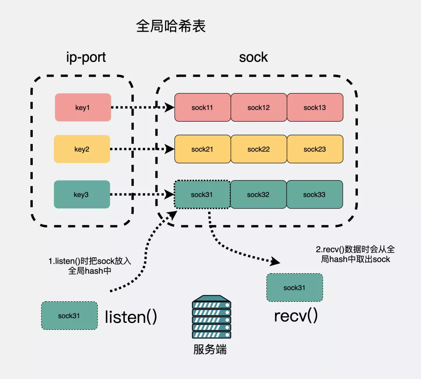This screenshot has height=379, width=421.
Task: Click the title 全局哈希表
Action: coord(171,27)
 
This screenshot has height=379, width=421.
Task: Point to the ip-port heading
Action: coord(86,57)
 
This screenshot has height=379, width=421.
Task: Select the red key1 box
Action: coord(83,108)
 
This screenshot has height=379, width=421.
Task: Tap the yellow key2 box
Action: coord(82,149)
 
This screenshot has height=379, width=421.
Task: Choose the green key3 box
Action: coord(82,194)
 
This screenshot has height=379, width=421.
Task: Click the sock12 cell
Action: coord(259,108)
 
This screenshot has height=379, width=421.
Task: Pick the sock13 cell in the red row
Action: coord(315,108)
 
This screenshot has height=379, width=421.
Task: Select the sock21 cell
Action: coord(202,149)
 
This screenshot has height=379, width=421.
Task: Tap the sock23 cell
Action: coord(315,149)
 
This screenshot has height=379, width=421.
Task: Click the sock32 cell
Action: coord(258,194)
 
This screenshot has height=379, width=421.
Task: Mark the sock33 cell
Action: coord(315,194)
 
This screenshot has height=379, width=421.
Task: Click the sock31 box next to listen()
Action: coord(69,315)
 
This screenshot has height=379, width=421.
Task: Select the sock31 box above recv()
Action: coord(294,287)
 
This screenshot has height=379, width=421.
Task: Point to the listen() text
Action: coord(131,317)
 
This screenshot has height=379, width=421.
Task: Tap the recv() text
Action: coord(296,315)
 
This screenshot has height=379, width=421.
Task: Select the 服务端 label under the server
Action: coord(210,349)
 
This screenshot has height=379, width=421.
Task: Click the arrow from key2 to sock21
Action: coord(142,149)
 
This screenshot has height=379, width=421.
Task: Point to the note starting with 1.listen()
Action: coord(90,266)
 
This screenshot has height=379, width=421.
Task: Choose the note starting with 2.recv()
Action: coord(355,254)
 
